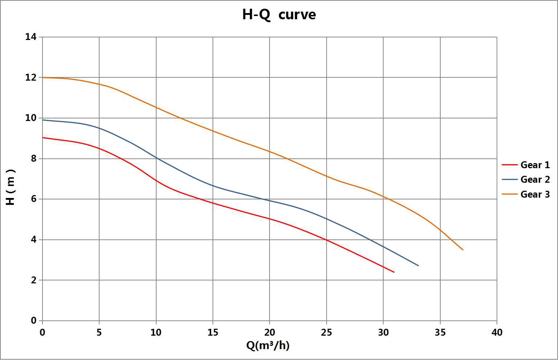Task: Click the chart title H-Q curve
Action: (x=279, y=15)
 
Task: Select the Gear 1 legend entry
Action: (x=535, y=165)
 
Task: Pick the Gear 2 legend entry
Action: (x=535, y=179)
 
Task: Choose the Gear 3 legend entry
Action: (x=535, y=194)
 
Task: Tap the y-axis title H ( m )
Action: (x=11, y=187)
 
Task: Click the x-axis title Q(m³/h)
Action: (x=268, y=345)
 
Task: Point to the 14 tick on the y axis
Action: (x=31, y=37)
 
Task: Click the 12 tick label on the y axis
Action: (x=31, y=77)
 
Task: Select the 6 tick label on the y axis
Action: (x=33, y=199)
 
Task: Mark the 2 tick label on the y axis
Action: (x=33, y=280)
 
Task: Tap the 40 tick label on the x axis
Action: (x=497, y=332)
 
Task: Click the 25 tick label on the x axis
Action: (x=326, y=332)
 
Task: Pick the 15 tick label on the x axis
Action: (x=213, y=332)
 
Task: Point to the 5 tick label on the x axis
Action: (x=99, y=332)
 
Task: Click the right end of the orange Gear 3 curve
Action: (x=463, y=250)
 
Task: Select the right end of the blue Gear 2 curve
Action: (x=418, y=266)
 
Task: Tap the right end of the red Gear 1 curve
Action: (x=394, y=272)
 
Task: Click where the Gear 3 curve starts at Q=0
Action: (x=43, y=77)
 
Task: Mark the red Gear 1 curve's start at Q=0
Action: (x=43, y=137)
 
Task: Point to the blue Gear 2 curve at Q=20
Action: (x=270, y=201)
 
